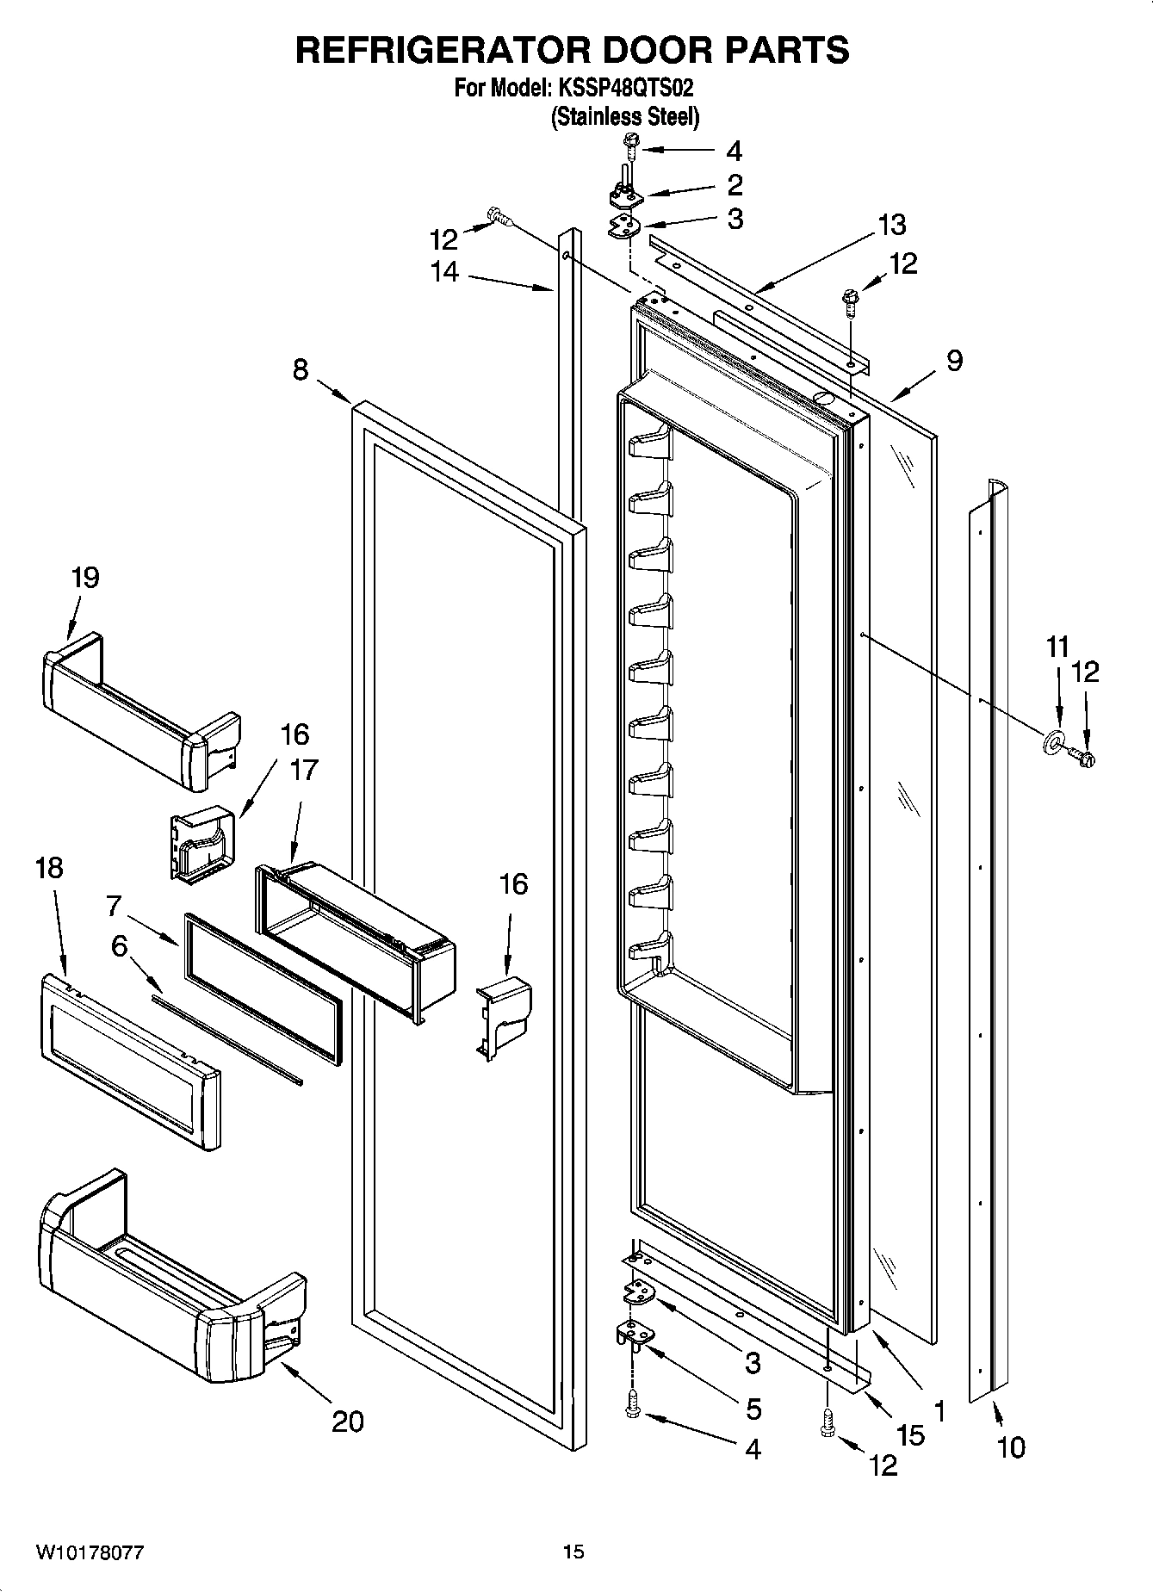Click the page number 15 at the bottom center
coord(573,1552)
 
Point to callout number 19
coord(85,578)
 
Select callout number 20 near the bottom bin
coord(348,1422)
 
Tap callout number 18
coord(50,868)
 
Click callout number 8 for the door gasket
coord(300,370)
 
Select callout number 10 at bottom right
coord(1012,1448)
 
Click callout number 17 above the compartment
coord(304,770)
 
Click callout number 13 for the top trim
coord(892,225)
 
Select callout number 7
coord(114,906)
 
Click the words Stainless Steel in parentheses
coord(624,117)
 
